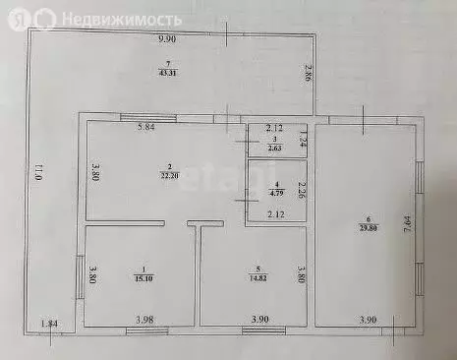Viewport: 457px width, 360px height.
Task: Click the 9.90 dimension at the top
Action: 167,39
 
